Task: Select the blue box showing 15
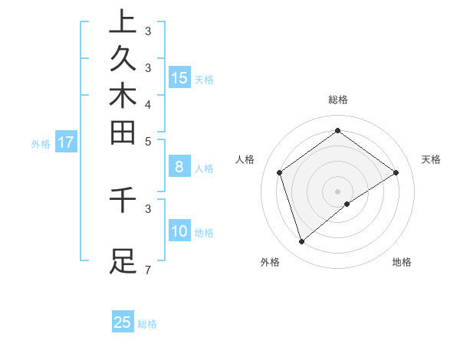tap(179, 77)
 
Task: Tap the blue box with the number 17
tap(66, 142)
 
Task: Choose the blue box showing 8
tap(179, 167)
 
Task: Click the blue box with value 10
tap(179, 231)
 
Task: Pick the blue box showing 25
tap(123, 322)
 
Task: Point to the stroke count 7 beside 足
tap(147, 270)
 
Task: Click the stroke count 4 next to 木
tap(147, 104)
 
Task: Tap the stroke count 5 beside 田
tap(147, 141)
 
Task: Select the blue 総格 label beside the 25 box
tap(147, 324)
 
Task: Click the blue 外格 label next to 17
tap(41, 143)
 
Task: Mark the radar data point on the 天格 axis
tap(396, 173)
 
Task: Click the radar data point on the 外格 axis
tap(301, 242)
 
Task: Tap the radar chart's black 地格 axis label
tap(402, 262)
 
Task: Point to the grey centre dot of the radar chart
tap(337, 191)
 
